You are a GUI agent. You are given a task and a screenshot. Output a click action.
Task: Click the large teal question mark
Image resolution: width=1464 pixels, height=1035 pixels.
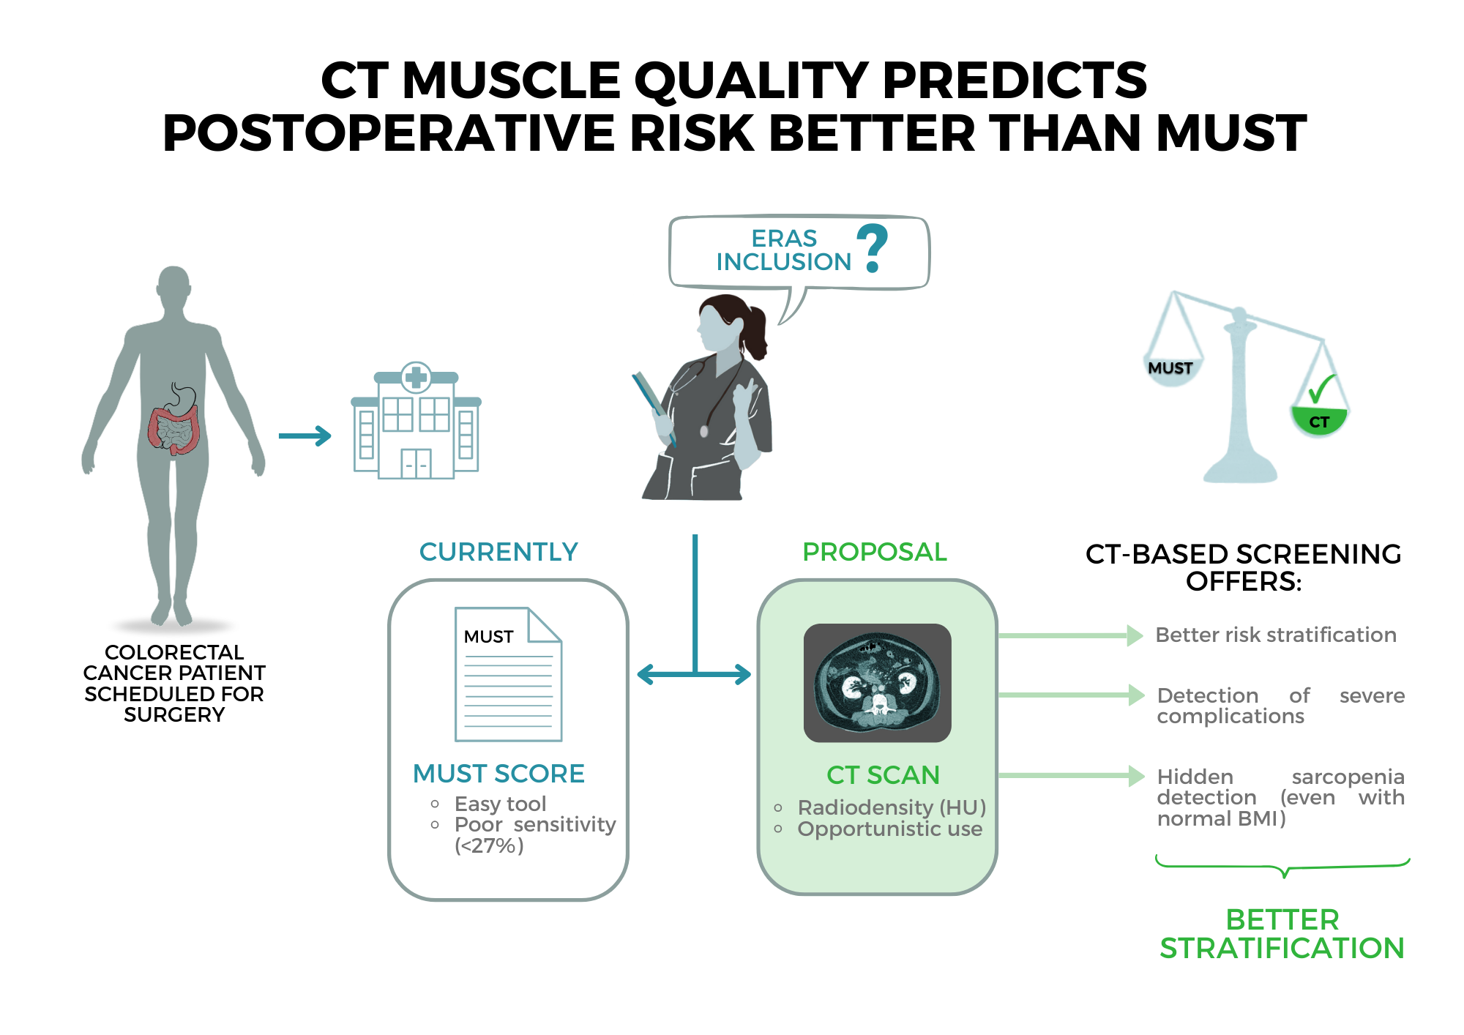[x=873, y=248]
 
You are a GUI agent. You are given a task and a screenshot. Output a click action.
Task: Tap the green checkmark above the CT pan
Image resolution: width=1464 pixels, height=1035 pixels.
[x=1322, y=389]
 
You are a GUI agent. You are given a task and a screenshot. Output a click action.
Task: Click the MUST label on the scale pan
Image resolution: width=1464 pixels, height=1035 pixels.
[x=1170, y=368]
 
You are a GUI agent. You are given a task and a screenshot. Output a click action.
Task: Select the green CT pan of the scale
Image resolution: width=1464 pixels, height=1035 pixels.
[x=1319, y=421]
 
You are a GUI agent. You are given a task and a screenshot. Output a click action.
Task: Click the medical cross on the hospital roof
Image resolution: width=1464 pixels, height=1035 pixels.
[x=417, y=377]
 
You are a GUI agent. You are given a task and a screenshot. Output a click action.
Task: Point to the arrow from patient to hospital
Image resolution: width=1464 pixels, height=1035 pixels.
[x=305, y=436]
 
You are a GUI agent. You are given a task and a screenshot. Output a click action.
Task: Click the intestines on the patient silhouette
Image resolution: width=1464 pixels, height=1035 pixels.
[x=173, y=430]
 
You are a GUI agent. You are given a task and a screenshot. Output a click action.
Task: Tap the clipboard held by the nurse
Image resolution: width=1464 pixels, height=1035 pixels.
[x=654, y=408]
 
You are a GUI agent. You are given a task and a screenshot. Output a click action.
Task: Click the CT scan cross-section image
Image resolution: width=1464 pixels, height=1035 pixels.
[x=878, y=682]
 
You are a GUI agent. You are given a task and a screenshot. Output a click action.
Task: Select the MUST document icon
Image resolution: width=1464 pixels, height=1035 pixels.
[x=508, y=674]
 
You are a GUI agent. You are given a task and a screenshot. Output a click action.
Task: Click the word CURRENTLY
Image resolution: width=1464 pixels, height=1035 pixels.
[x=498, y=552]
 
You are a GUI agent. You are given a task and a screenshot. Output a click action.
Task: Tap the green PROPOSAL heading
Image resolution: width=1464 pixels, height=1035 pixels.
[x=875, y=552]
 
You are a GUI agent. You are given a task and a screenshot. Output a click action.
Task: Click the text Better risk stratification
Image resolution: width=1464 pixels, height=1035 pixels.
[x=1276, y=635]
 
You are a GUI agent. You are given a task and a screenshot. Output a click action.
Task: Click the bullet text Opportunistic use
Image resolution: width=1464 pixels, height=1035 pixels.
[x=890, y=829]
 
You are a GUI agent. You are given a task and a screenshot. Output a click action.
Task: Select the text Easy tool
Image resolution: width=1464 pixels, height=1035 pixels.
[x=501, y=804]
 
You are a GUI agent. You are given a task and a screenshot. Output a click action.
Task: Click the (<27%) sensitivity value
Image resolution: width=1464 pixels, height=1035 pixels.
[x=489, y=846]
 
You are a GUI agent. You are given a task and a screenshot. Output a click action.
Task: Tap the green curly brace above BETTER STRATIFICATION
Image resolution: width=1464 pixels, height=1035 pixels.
[x=1283, y=866]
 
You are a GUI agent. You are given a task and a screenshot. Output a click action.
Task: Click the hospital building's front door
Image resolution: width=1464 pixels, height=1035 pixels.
[x=416, y=464]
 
